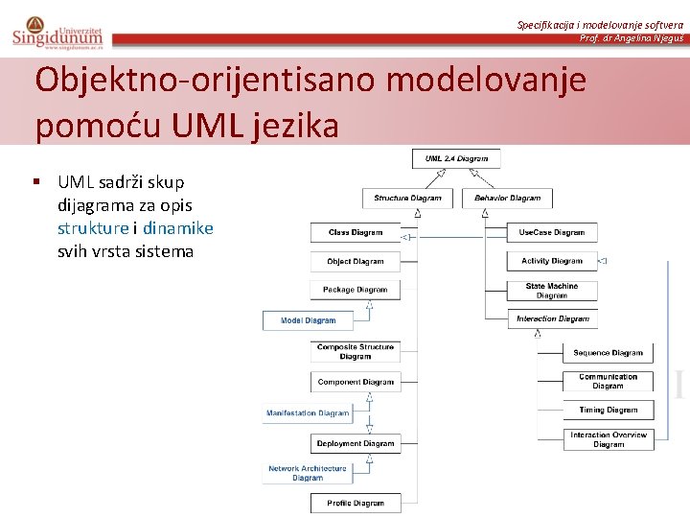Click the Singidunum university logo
click(57, 32)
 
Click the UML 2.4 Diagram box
click(456, 158)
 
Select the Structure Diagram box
click(407, 199)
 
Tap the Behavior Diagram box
click(507, 199)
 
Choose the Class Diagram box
click(355, 232)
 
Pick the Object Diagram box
click(355, 261)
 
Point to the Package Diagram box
click(355, 290)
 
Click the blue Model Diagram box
click(308, 320)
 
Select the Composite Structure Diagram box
click(355, 352)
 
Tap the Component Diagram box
click(355, 382)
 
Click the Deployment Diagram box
click(355, 443)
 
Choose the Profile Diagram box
click(355, 503)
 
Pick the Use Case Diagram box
click(552, 232)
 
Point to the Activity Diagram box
click(552, 261)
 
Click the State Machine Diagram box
click(552, 291)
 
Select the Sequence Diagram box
click(608, 353)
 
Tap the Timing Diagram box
click(608, 410)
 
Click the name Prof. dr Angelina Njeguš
click(632, 37)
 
